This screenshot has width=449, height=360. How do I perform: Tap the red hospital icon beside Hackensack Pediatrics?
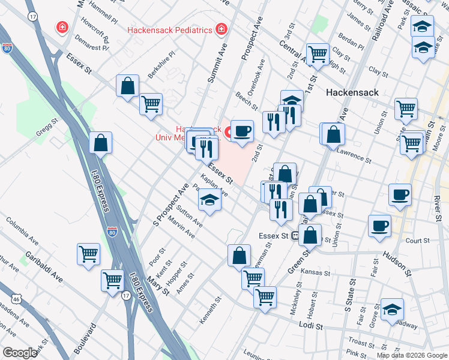pos(221,29)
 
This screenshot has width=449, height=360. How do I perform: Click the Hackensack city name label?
pos(351,93)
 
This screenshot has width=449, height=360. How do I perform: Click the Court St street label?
pos(418,241)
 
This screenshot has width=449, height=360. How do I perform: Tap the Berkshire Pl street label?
pos(163,55)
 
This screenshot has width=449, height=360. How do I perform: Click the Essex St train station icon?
pos(295,236)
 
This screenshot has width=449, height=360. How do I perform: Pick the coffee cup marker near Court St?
pos(379,226)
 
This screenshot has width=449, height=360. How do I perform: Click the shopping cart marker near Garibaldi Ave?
pos(88,254)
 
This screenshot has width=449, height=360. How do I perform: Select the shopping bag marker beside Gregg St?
pos(101,143)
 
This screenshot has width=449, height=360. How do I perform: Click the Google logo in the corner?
pos(20,353)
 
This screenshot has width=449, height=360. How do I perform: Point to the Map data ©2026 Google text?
pos(412,355)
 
